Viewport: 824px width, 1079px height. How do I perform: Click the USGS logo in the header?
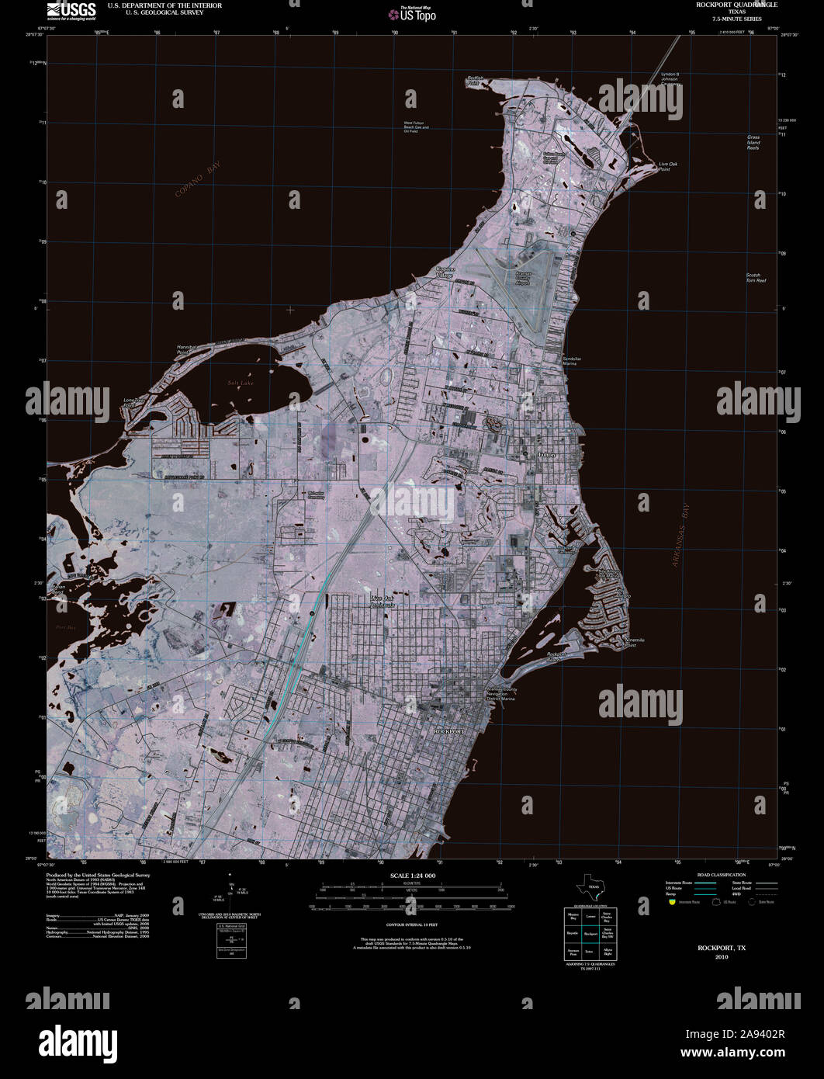71,10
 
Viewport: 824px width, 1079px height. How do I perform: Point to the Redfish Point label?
476,80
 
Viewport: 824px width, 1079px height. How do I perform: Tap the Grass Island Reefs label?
753,142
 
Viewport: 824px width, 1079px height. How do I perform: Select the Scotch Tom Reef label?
756,277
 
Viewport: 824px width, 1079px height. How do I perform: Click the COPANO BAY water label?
197,181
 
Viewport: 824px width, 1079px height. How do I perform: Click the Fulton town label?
547,454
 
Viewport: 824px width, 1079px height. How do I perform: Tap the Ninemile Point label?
635,642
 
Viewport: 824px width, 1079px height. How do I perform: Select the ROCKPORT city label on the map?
448,731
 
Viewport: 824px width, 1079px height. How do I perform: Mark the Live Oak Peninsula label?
383,601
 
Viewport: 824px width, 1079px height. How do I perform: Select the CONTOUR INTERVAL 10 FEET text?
412,925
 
